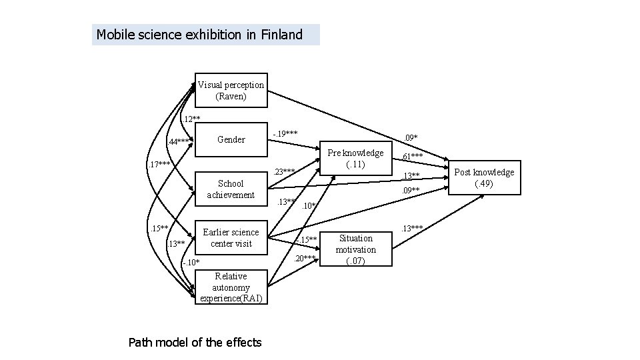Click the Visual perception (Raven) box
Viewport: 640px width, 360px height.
click(231, 90)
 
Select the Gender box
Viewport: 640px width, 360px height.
click(231, 140)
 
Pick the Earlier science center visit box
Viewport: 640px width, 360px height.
click(231, 237)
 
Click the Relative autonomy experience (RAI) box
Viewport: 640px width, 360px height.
click(231, 287)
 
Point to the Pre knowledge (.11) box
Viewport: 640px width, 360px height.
click(356, 158)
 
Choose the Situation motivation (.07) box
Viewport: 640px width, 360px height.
click(355, 249)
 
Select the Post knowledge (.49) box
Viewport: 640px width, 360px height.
click(484, 177)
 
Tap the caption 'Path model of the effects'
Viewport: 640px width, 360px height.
click(195, 343)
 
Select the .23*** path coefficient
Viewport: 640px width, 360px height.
click(285, 171)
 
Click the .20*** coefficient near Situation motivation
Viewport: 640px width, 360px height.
click(305, 258)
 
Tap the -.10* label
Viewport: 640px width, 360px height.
click(191, 262)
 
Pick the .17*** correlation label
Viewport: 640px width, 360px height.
click(159, 164)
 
